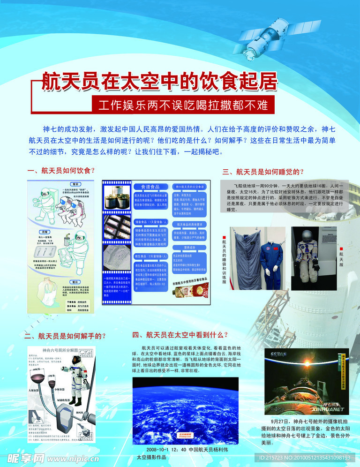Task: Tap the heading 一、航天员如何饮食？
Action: click(x=61, y=171)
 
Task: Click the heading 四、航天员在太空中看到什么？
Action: click(x=180, y=335)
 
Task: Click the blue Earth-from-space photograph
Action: click(x=180, y=411)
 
